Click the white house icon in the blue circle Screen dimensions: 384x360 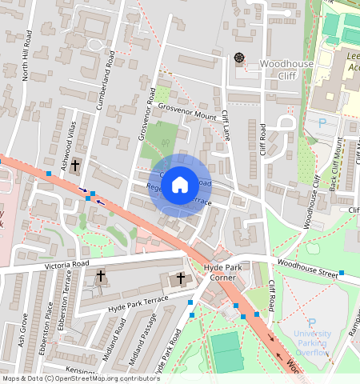pos(180,186)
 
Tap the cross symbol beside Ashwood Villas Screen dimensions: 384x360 pos(76,166)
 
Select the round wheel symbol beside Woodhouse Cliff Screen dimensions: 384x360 pos(238,57)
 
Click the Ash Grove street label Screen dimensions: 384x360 pos(22,332)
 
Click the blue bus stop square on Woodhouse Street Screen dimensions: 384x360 pos(342,274)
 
